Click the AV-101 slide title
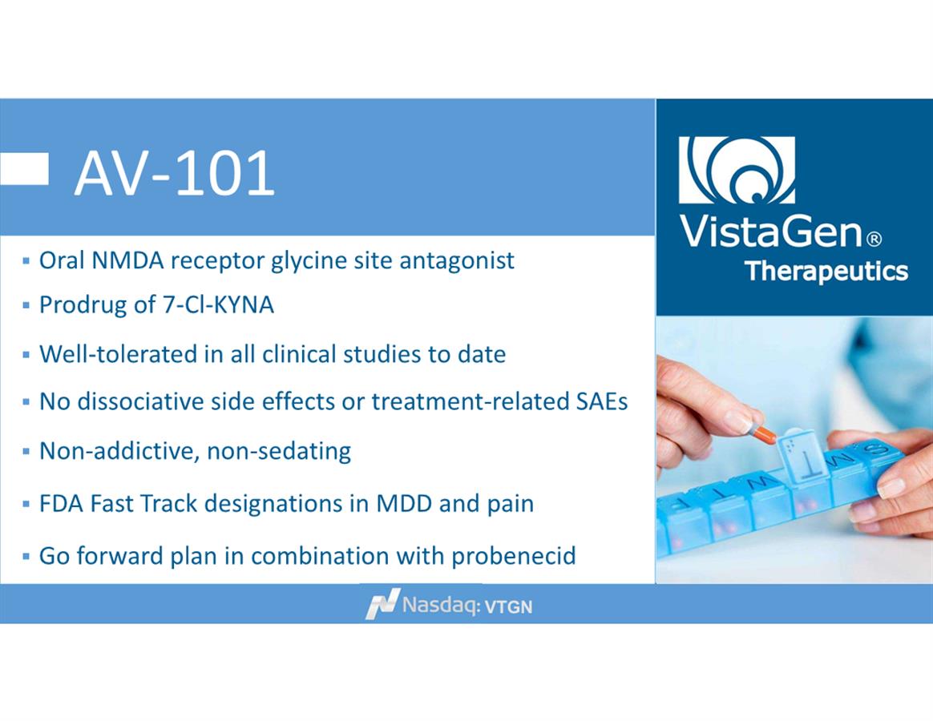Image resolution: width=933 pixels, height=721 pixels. (175, 173)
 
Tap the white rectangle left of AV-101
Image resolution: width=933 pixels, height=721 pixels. (24, 169)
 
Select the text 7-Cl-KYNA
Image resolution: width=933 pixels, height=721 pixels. (218, 305)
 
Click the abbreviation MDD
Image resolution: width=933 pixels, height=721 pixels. (404, 504)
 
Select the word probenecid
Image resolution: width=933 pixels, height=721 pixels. (514, 556)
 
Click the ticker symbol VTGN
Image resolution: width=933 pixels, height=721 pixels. (509, 607)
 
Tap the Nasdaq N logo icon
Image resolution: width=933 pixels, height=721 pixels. (382, 604)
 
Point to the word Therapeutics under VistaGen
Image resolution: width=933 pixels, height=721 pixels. (826, 272)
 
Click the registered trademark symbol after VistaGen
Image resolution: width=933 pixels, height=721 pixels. (874, 240)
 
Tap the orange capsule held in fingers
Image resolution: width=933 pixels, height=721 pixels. (762, 434)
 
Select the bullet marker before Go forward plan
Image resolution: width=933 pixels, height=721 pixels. (26, 557)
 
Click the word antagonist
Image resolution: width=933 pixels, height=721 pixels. (456, 261)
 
